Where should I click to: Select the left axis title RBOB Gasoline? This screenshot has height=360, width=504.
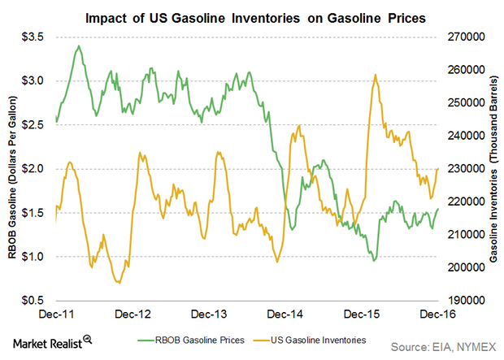point(14,168)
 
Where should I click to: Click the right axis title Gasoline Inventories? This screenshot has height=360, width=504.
point(493,168)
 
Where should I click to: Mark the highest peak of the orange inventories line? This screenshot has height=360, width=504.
point(375,75)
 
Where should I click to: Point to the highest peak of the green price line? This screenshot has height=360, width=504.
point(78,46)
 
